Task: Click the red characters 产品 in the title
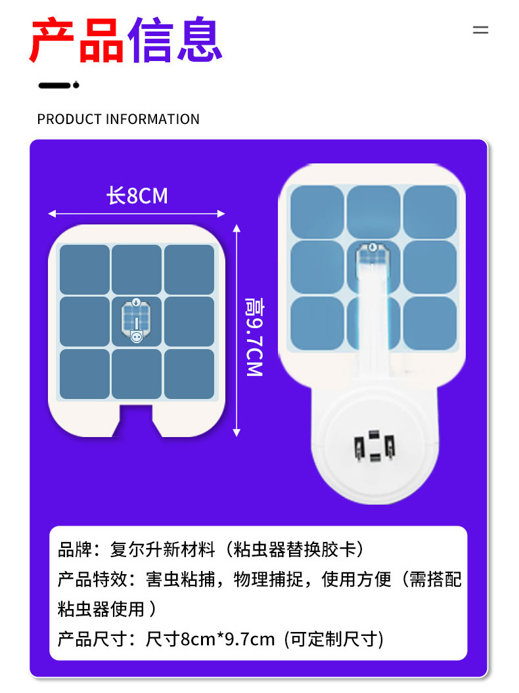(x=77, y=41)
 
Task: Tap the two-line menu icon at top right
(x=481, y=30)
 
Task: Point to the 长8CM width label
(x=137, y=196)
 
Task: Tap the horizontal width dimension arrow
(x=137, y=213)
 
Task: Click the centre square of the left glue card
(x=137, y=322)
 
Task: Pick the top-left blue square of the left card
(x=85, y=270)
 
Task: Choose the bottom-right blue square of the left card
(x=189, y=374)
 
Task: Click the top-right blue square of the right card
(x=430, y=211)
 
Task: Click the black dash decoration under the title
(x=58, y=85)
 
